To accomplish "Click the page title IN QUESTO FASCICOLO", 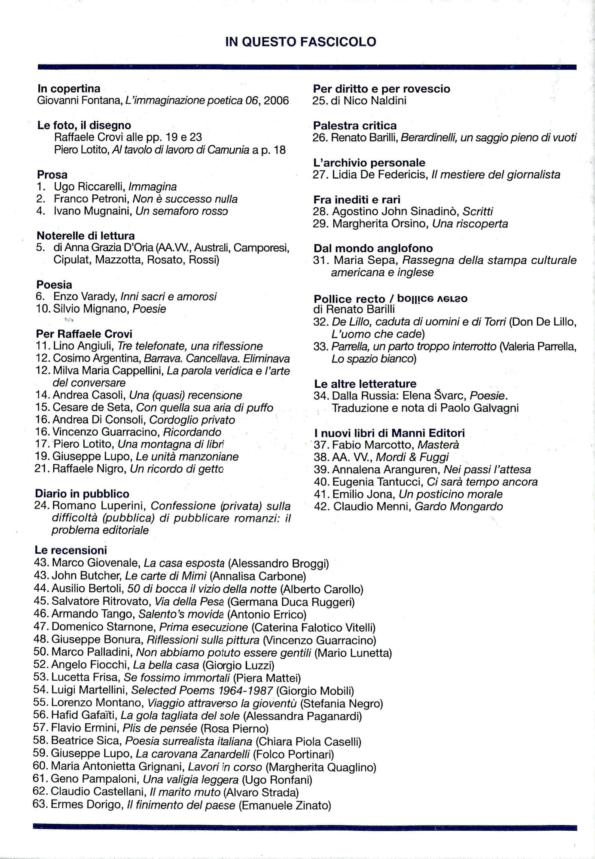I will tap(301, 42).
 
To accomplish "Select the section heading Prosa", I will tap(52, 175).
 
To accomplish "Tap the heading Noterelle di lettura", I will tap(85, 235).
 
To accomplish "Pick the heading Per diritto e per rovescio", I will tap(381, 89).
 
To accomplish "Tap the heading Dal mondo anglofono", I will tap(373, 248).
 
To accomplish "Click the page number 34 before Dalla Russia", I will tap(321, 396).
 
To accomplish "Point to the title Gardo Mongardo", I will tap(458, 506).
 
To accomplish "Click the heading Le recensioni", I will tap(71, 550).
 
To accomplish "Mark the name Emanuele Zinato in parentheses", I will tap(284, 805).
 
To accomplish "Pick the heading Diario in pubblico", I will tap(82, 494).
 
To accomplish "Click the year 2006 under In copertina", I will tap(276, 101).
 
